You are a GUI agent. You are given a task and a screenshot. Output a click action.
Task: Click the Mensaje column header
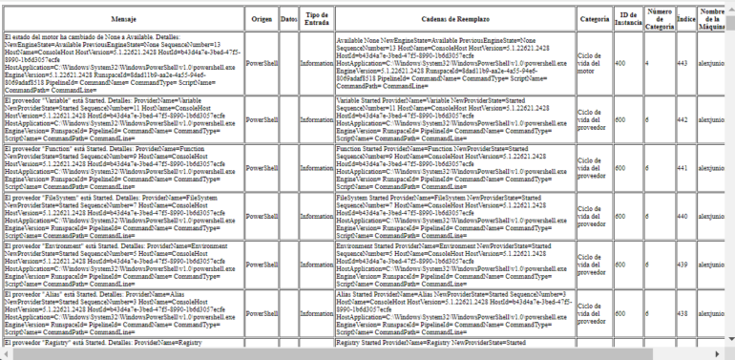tap(122, 18)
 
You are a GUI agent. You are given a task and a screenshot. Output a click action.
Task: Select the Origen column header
tap(262, 18)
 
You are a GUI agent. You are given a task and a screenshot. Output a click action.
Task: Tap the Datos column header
tap(289, 18)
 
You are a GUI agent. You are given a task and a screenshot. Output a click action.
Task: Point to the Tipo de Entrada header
tap(316, 18)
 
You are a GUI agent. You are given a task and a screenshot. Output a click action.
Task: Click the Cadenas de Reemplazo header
tap(454, 18)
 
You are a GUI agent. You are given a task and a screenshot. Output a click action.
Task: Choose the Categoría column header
tap(594, 18)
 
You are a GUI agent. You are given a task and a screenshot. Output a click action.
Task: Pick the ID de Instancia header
tap(626, 18)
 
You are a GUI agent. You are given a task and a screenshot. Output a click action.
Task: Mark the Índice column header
tap(683, 18)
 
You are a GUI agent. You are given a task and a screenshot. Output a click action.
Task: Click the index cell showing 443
tap(682, 63)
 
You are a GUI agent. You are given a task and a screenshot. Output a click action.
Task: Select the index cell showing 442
tap(682, 119)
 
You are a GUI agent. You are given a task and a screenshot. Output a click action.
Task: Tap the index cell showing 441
tap(682, 168)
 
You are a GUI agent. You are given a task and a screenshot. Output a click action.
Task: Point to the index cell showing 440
tap(682, 217)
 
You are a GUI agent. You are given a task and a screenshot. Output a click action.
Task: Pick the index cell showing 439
tap(682, 265)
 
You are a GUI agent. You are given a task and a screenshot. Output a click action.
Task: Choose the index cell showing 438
tap(682, 313)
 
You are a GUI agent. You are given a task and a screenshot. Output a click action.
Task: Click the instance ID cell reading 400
tap(620, 63)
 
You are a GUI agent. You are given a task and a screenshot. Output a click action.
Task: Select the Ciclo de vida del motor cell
tap(592, 63)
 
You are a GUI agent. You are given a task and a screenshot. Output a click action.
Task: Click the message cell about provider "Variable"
tap(122, 119)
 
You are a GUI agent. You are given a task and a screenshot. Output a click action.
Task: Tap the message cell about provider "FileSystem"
tap(122, 217)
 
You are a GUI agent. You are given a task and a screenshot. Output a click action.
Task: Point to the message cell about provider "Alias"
tap(122, 313)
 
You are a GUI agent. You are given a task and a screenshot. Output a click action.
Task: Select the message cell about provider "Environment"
tap(122, 265)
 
